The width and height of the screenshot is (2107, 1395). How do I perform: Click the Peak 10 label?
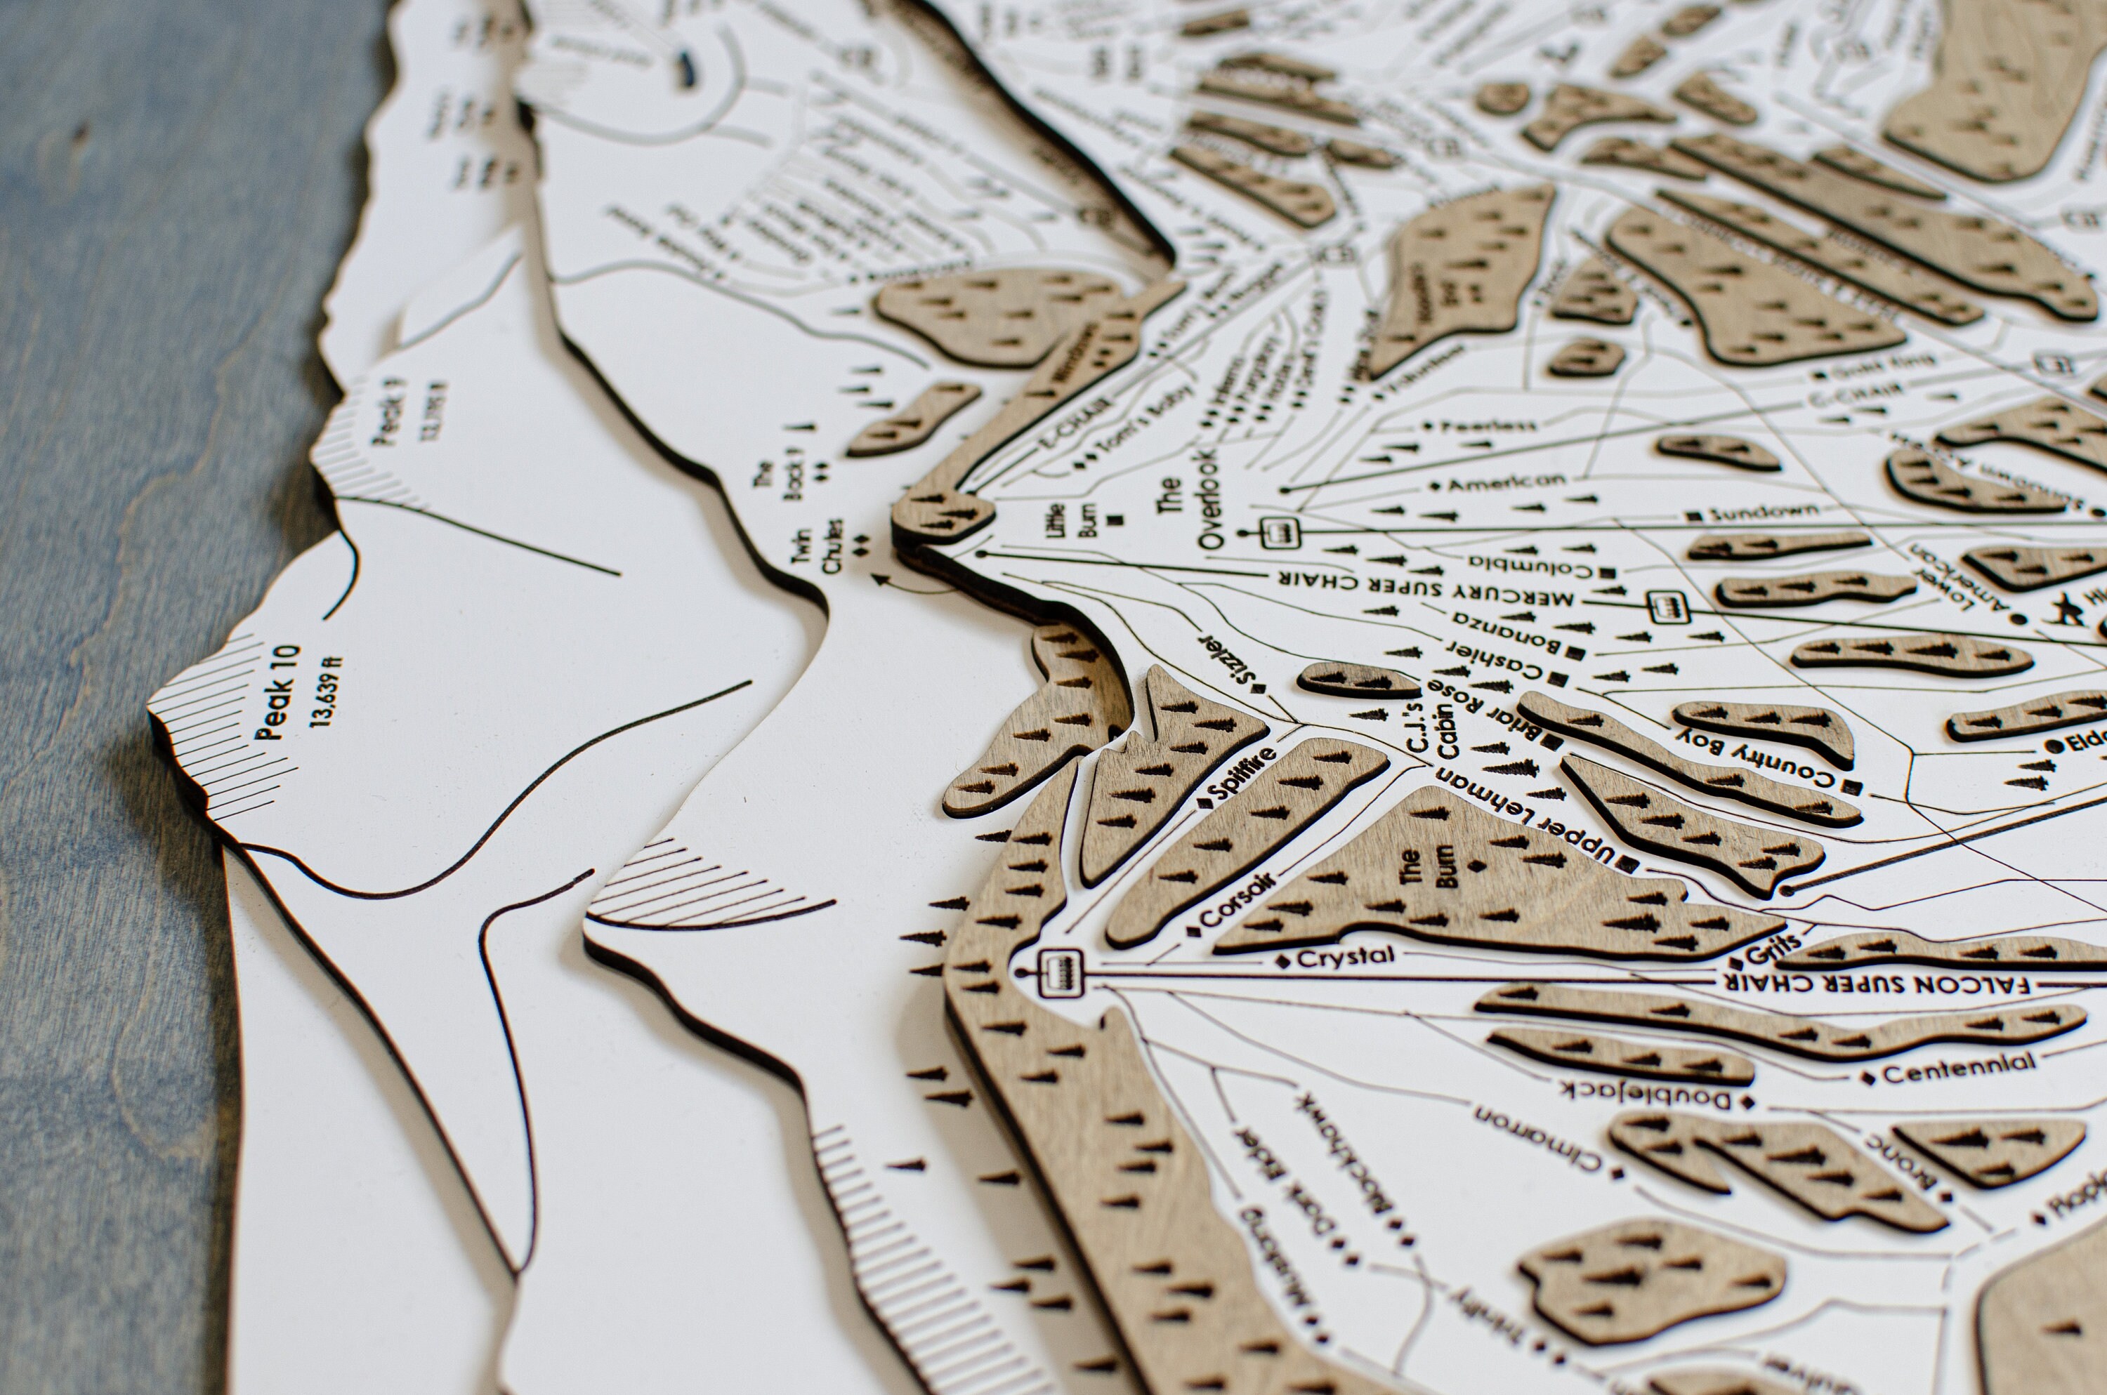point(279,693)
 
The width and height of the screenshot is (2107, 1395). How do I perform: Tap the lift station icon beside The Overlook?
point(1277,533)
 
